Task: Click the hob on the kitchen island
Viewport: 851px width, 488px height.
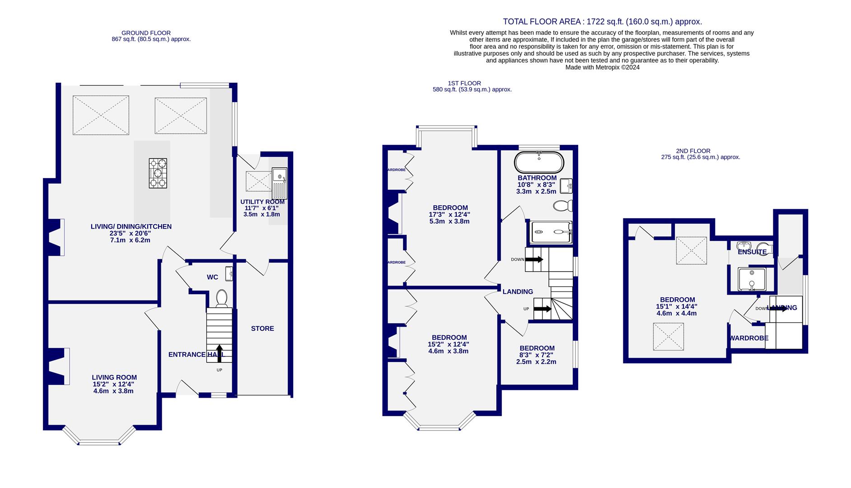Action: [158, 173]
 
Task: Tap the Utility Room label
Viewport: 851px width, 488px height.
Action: [262, 202]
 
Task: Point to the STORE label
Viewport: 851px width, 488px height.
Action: [262, 328]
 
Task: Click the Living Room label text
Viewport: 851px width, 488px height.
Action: [114, 377]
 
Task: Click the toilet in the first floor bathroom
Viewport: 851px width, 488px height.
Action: [563, 206]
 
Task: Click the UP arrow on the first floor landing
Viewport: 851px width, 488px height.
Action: [542, 309]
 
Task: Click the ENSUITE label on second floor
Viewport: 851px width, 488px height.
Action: [752, 252]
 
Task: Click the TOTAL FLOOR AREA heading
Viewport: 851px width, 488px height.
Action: [602, 22]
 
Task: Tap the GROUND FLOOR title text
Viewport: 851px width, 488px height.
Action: [146, 33]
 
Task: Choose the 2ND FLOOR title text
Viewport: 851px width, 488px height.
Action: [693, 151]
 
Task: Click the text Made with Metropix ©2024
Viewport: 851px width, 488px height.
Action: [602, 67]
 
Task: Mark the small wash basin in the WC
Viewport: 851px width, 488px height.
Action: [230, 274]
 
